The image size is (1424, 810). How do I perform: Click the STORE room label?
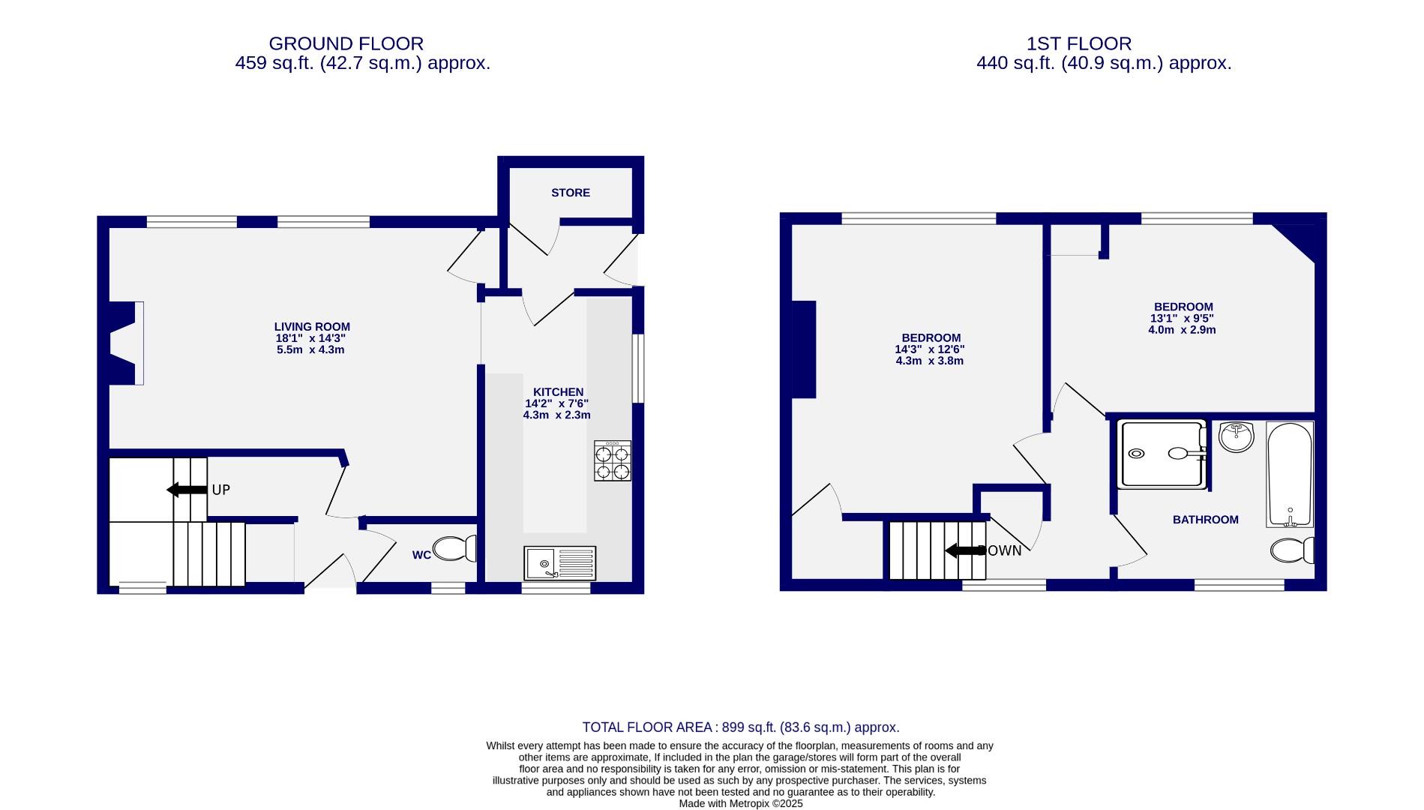[570, 193]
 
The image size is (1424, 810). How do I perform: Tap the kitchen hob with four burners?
[613, 460]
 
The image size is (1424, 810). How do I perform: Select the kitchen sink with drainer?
[559, 562]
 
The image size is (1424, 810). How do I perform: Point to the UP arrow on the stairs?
[187, 490]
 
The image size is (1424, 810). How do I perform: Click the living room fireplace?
[126, 343]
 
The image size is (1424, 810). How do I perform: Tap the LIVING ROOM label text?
[312, 327]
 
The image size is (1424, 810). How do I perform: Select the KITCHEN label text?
[558, 392]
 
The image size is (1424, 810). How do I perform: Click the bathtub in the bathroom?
[1290, 474]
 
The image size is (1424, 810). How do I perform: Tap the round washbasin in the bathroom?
[1236, 437]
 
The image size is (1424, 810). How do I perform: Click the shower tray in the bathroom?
[1161, 454]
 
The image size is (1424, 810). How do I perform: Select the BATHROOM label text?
[1205, 520]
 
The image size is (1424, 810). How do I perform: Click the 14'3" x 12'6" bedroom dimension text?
[930, 349]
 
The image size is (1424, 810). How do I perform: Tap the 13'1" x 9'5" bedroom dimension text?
[1183, 318]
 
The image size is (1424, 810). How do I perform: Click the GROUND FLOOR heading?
[346, 43]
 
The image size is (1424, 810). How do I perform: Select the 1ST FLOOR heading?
[1079, 43]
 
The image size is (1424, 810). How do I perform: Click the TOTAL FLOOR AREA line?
[740, 727]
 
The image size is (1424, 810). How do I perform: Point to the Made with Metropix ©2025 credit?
[740, 803]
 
